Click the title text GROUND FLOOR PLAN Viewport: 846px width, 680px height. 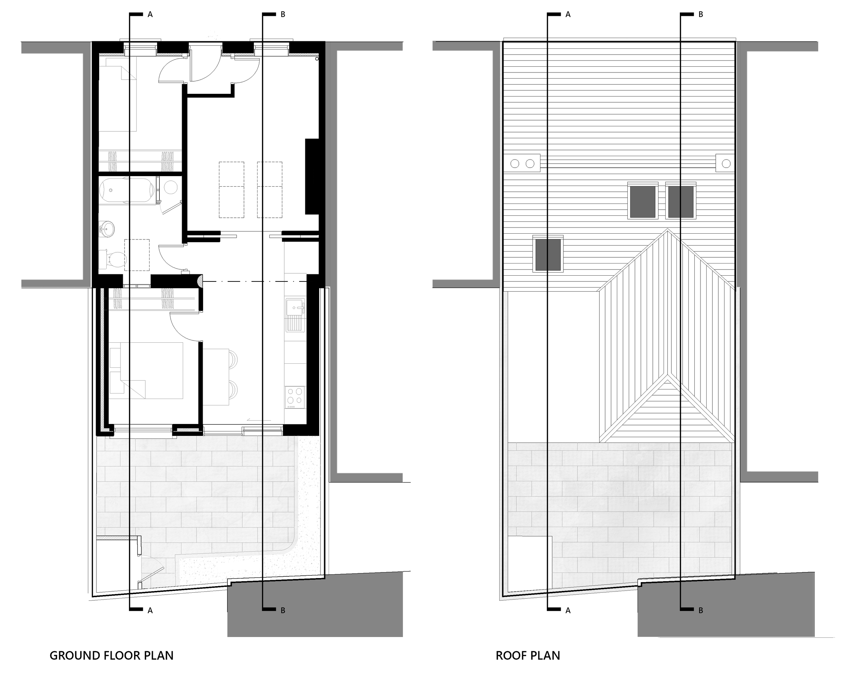coord(111,656)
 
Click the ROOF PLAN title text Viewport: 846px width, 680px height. coord(528,656)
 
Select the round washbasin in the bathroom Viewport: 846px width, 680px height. coord(107,228)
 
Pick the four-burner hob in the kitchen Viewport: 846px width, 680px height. coord(295,396)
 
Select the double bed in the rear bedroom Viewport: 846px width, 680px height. coord(151,370)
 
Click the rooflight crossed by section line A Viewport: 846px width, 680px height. coord(548,255)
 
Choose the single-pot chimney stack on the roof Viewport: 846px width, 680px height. coord(726,163)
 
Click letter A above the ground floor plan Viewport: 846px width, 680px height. coord(150,15)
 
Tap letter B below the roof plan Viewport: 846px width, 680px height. coord(701,611)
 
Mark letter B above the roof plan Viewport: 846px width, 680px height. coord(701,15)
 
